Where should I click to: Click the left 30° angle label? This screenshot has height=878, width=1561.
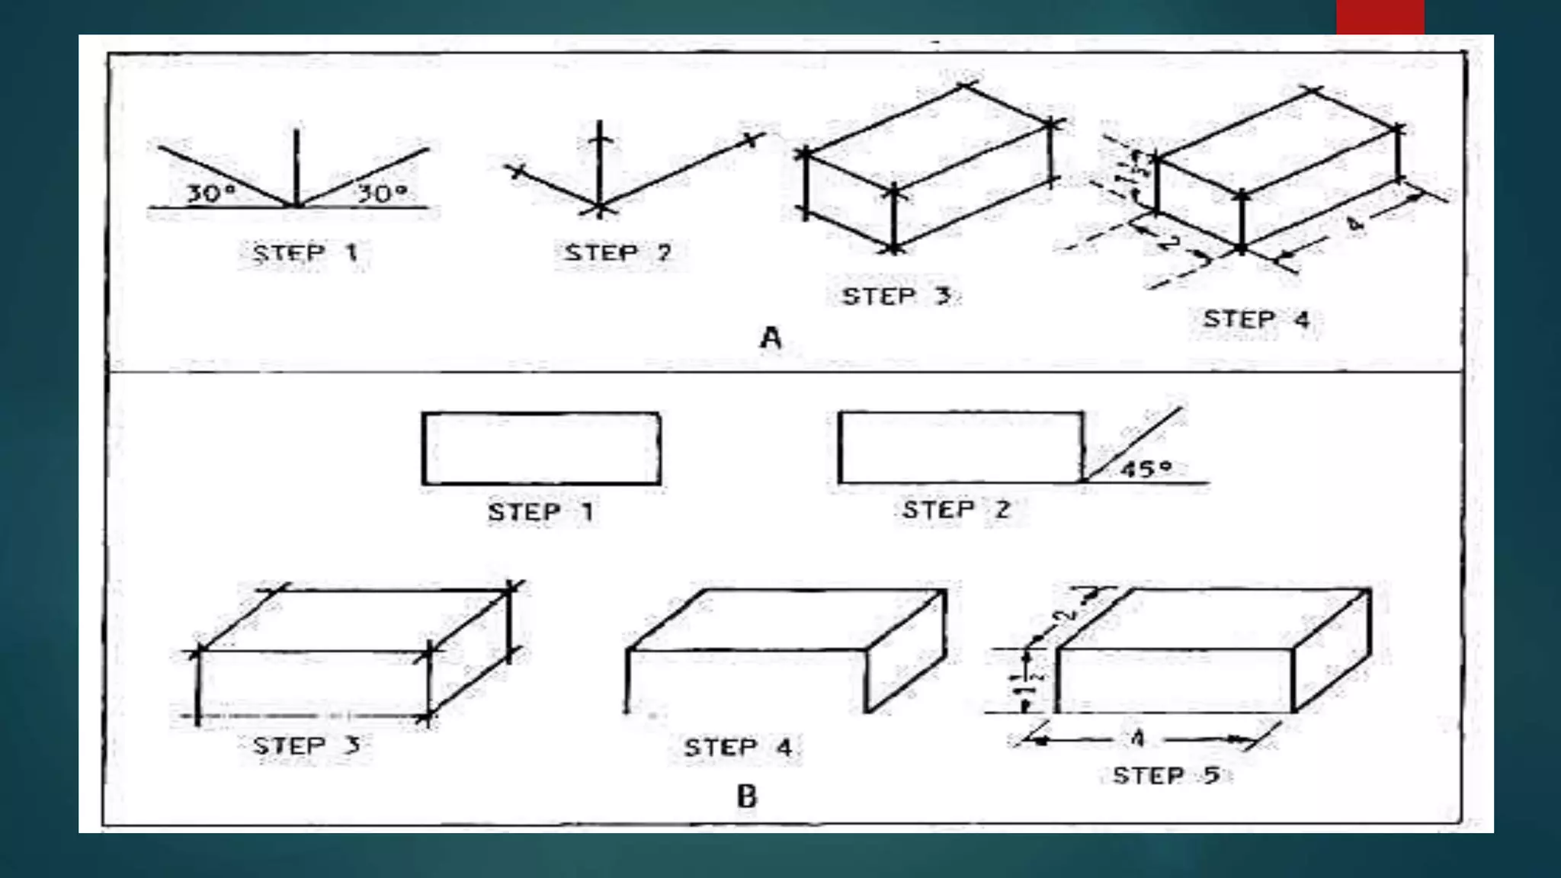pos(210,193)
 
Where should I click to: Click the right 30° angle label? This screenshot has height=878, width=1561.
pos(382,193)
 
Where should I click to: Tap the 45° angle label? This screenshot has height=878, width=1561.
pos(1146,469)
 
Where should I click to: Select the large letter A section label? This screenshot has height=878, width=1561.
pos(771,337)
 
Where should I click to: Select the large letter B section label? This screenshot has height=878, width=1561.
pos(747,796)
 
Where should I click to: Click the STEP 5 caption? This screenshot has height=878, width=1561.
pos(1165,776)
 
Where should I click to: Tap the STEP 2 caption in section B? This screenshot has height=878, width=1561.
pos(956,509)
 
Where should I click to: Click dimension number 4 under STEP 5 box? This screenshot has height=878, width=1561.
pos(1137,738)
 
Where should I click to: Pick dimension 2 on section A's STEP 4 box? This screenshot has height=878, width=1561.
pos(1168,244)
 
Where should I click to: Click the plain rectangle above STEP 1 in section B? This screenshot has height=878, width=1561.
pos(540,448)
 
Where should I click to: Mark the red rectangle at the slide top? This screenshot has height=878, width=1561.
pos(1380,17)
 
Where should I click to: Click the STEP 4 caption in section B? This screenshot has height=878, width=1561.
pos(738,747)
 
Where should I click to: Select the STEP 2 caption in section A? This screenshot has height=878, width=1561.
pos(617,252)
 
